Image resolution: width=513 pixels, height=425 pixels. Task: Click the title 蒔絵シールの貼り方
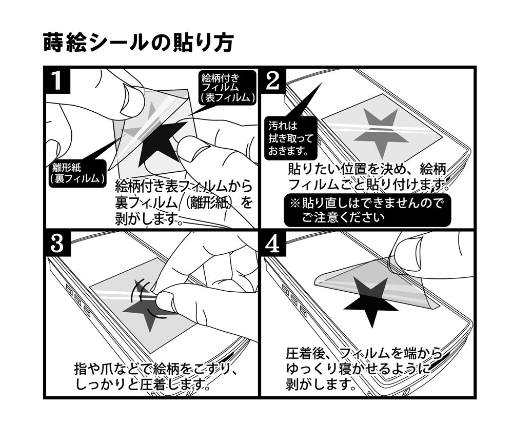[138, 43]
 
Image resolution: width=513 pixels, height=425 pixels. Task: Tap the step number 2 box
[273, 82]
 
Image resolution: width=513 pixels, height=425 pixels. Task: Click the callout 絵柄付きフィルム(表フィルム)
[227, 88]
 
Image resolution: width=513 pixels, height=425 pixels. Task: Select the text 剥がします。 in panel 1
[148, 219]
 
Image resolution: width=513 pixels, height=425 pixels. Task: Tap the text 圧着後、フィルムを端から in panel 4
[363, 354]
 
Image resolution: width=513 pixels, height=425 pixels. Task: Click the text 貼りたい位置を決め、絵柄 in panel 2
[368, 169]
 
